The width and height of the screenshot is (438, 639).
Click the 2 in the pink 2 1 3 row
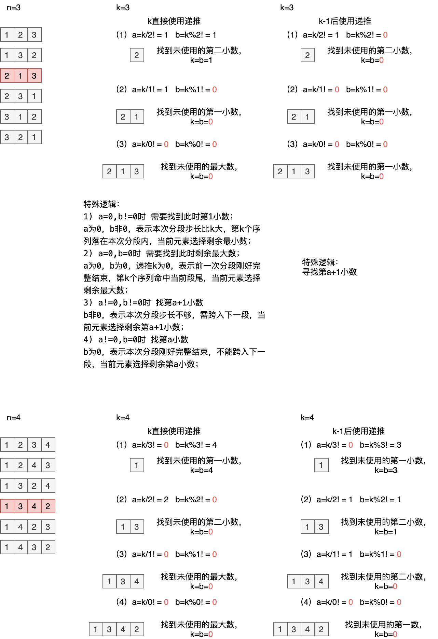[x=7, y=76]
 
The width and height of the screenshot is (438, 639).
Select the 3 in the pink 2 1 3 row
[x=34, y=76]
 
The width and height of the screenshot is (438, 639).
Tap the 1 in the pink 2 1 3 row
[x=20, y=76]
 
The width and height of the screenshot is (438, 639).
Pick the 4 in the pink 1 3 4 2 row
[x=34, y=506]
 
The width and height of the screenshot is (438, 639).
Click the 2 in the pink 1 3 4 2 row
[x=48, y=506]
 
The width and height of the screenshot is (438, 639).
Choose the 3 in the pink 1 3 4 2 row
[x=20, y=506]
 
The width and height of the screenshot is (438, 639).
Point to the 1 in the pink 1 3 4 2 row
[x=7, y=506]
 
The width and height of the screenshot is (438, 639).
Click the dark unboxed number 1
[x=399, y=500]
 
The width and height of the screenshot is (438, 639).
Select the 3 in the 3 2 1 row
[x=7, y=137]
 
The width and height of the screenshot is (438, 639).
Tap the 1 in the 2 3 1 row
[x=34, y=96]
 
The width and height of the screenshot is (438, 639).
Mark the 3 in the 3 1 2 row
[x=7, y=117]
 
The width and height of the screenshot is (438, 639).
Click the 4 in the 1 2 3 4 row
[x=48, y=445]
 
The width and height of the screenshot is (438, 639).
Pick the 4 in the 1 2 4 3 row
[x=34, y=465]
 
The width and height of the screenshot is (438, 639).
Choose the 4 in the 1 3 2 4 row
[x=48, y=486]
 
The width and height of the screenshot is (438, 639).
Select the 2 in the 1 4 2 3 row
[x=34, y=527]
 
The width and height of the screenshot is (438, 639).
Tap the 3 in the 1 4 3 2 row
[x=34, y=547]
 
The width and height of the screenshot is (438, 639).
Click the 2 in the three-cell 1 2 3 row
[x=20, y=35]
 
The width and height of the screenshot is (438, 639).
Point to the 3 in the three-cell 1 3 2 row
[x=20, y=55]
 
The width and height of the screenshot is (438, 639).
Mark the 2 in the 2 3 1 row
[x=7, y=96]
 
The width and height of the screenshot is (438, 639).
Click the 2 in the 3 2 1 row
[x=20, y=137]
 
